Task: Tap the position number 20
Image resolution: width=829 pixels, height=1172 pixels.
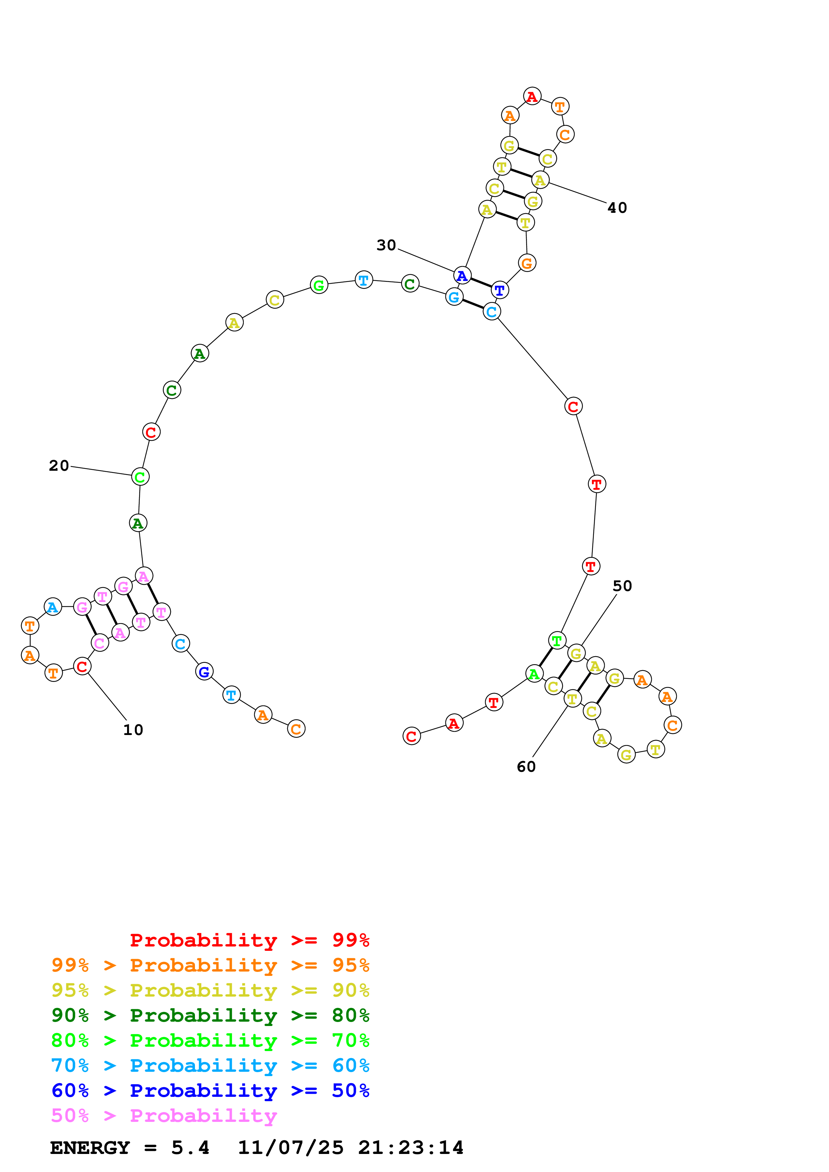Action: [59, 465]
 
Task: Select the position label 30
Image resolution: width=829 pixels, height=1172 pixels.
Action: [386, 246]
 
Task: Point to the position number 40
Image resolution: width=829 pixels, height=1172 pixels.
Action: [617, 208]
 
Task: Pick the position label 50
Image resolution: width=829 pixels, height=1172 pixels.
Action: [622, 586]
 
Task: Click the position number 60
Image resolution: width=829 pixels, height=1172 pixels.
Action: [526, 767]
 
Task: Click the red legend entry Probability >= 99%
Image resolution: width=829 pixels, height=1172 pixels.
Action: [249, 940]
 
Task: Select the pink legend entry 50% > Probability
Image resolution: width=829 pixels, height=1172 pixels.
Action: [164, 1116]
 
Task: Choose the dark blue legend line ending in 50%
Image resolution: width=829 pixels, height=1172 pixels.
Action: [210, 1091]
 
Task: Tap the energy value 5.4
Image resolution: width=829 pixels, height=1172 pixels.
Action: [190, 1148]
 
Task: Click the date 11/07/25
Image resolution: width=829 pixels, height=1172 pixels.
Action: [291, 1148]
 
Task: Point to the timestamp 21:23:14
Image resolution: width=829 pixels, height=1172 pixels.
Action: [411, 1148]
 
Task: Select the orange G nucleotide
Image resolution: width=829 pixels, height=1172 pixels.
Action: [527, 263]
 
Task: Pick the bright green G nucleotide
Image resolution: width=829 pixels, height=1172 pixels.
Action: [319, 285]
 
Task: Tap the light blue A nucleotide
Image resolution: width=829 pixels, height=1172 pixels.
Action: [53, 607]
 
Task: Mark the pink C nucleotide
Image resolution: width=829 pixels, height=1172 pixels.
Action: [100, 643]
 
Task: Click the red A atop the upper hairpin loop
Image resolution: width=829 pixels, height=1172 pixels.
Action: [532, 96]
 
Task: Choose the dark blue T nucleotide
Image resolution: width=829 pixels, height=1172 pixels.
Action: [500, 290]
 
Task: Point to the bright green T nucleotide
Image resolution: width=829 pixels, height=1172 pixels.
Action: [557, 640]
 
